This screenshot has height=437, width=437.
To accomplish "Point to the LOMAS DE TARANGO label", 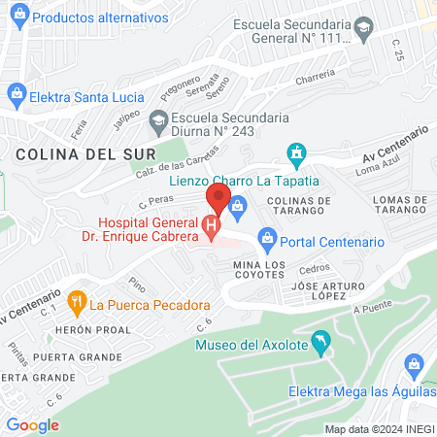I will tap(387, 205).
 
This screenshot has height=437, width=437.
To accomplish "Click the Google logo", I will tap(32, 424).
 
